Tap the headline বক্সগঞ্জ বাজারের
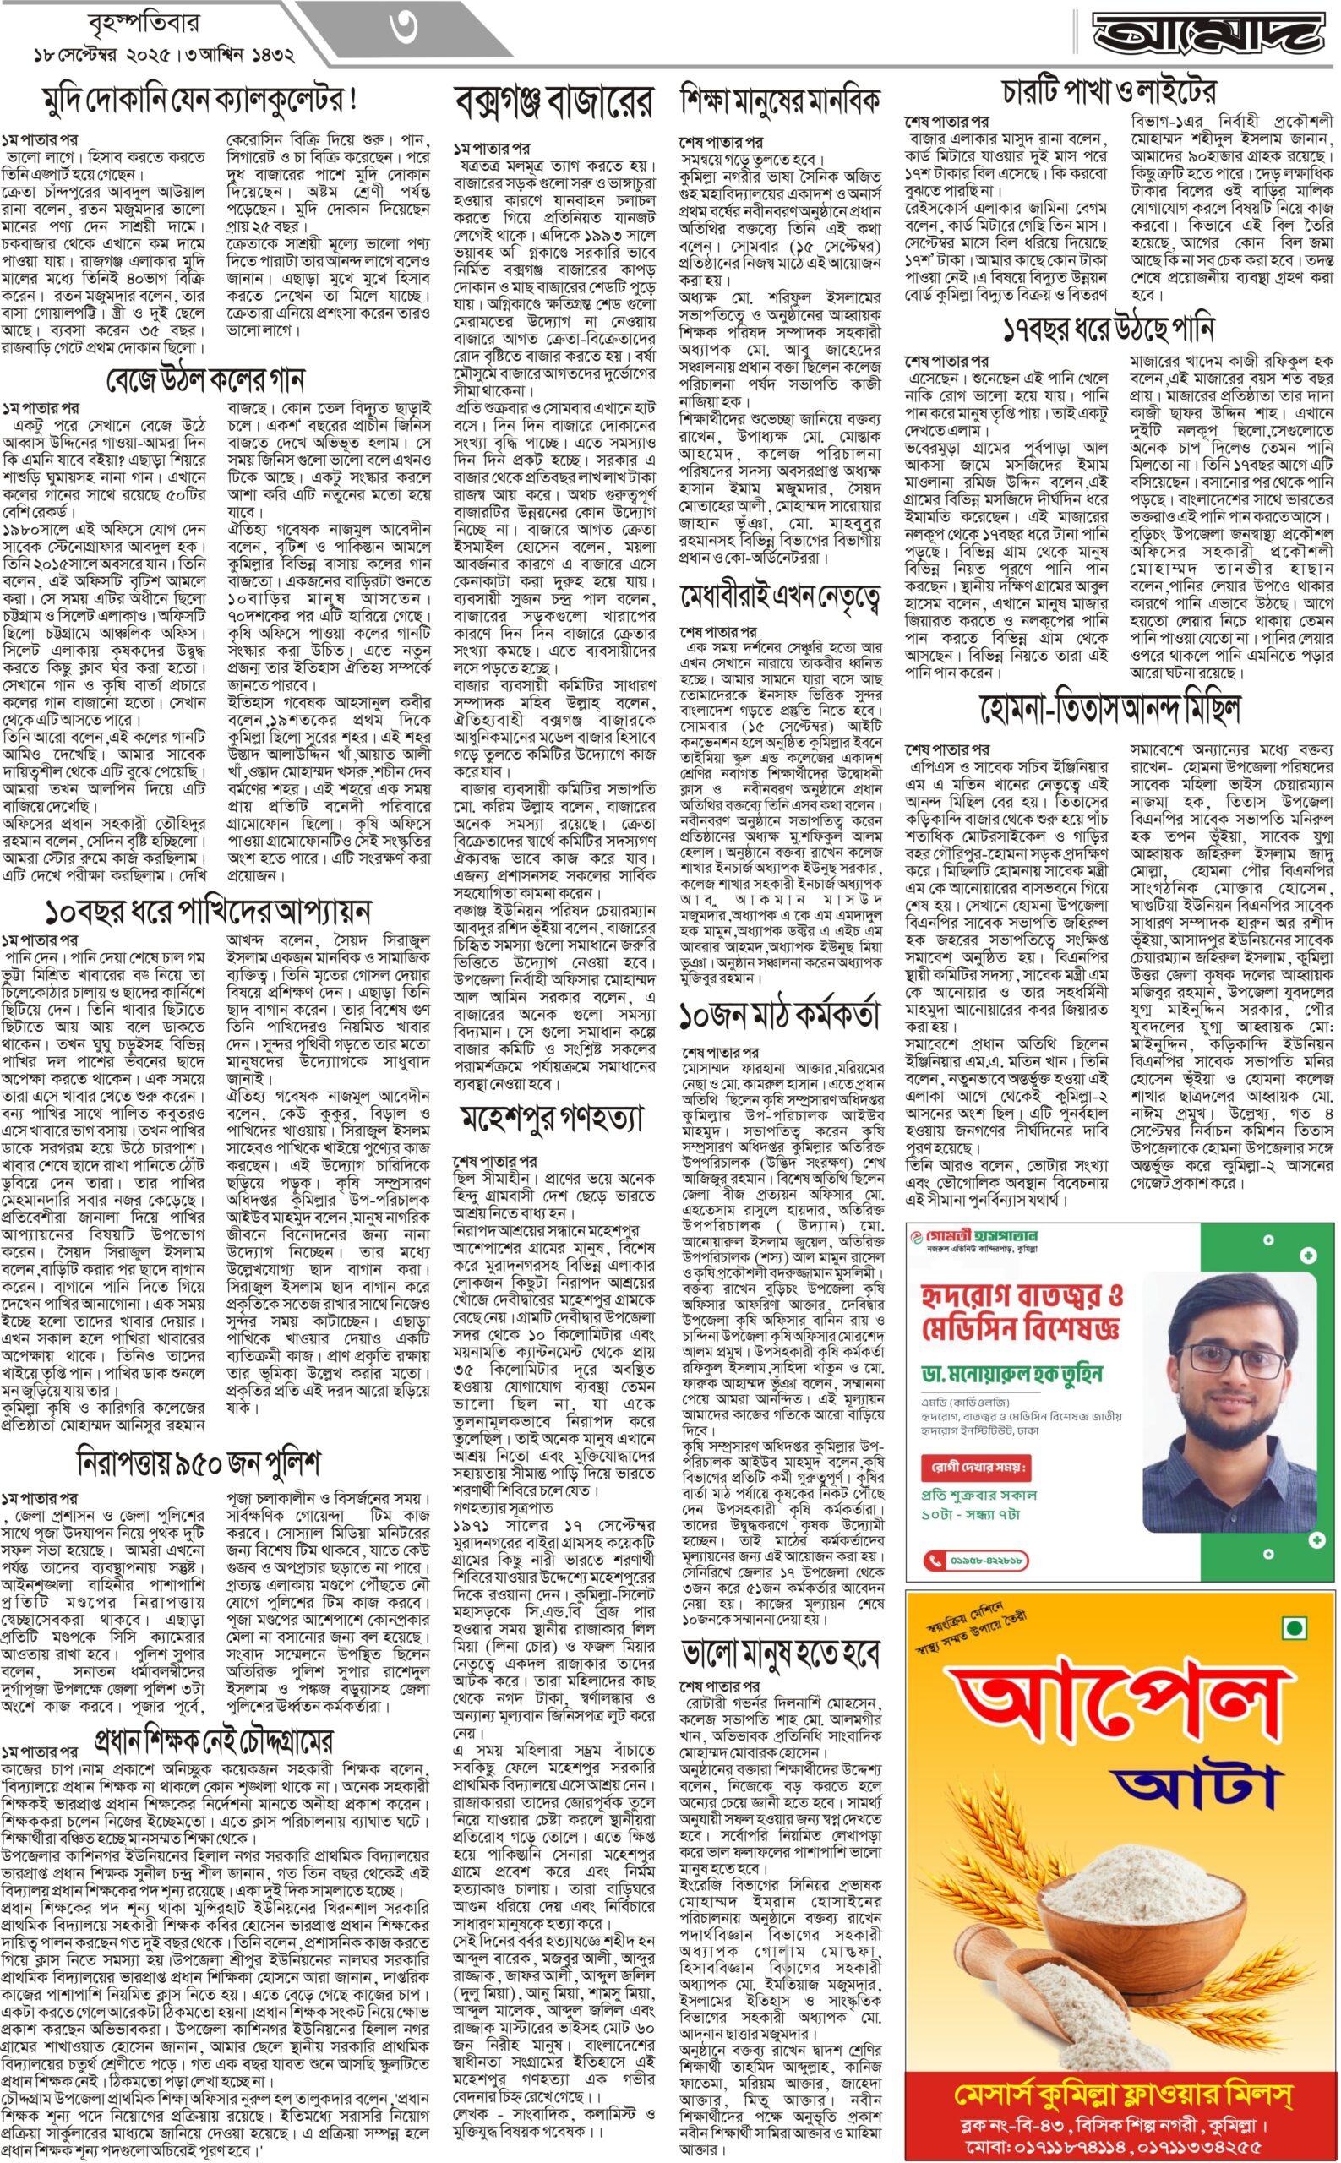(x=553, y=103)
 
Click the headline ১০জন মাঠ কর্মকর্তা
(x=781, y=1015)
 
